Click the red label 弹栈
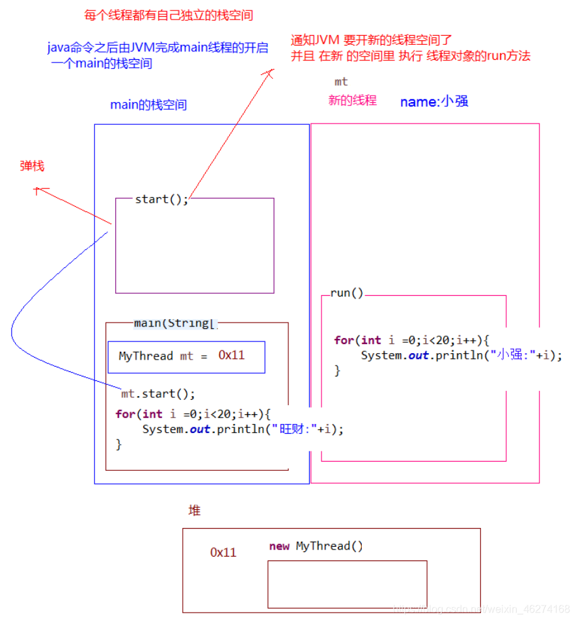(x=32, y=166)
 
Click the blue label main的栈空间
(x=148, y=105)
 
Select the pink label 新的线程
(x=352, y=100)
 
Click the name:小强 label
(x=434, y=101)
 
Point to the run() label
(x=347, y=293)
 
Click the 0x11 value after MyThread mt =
(x=232, y=355)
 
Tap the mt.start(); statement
(x=158, y=393)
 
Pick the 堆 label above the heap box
(x=194, y=510)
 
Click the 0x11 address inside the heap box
(x=223, y=552)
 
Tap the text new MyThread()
(x=316, y=546)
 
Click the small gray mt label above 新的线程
(x=341, y=81)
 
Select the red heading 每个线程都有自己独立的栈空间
(x=169, y=15)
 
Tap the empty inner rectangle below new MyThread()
(x=347, y=584)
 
